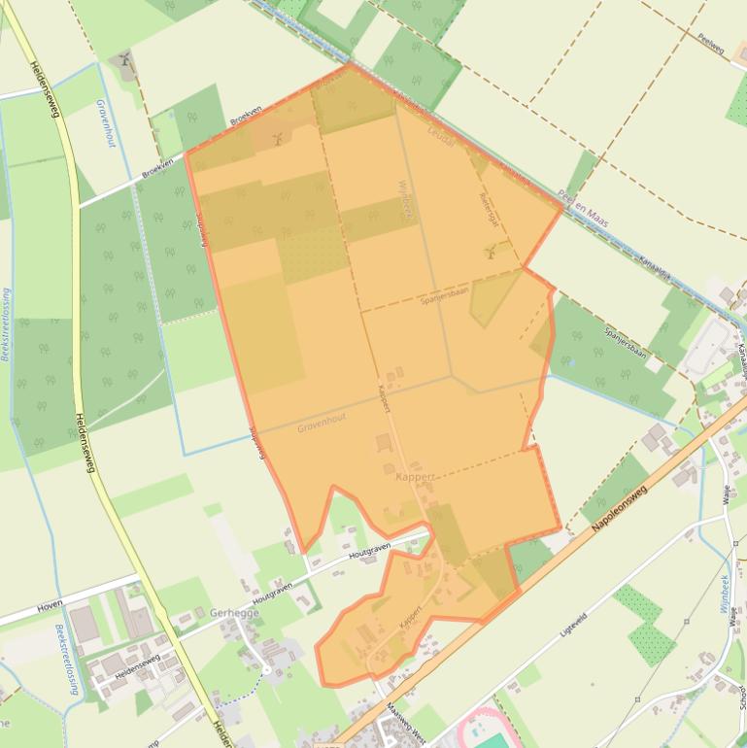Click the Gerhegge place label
[x=228, y=613]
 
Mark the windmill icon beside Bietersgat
[x=491, y=252]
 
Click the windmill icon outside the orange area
[x=123, y=62]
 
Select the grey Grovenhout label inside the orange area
[x=322, y=424]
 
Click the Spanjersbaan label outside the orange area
[x=626, y=341]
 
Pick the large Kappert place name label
[x=415, y=477]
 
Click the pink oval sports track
[x=486, y=731]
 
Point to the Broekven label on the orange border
[x=246, y=121]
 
